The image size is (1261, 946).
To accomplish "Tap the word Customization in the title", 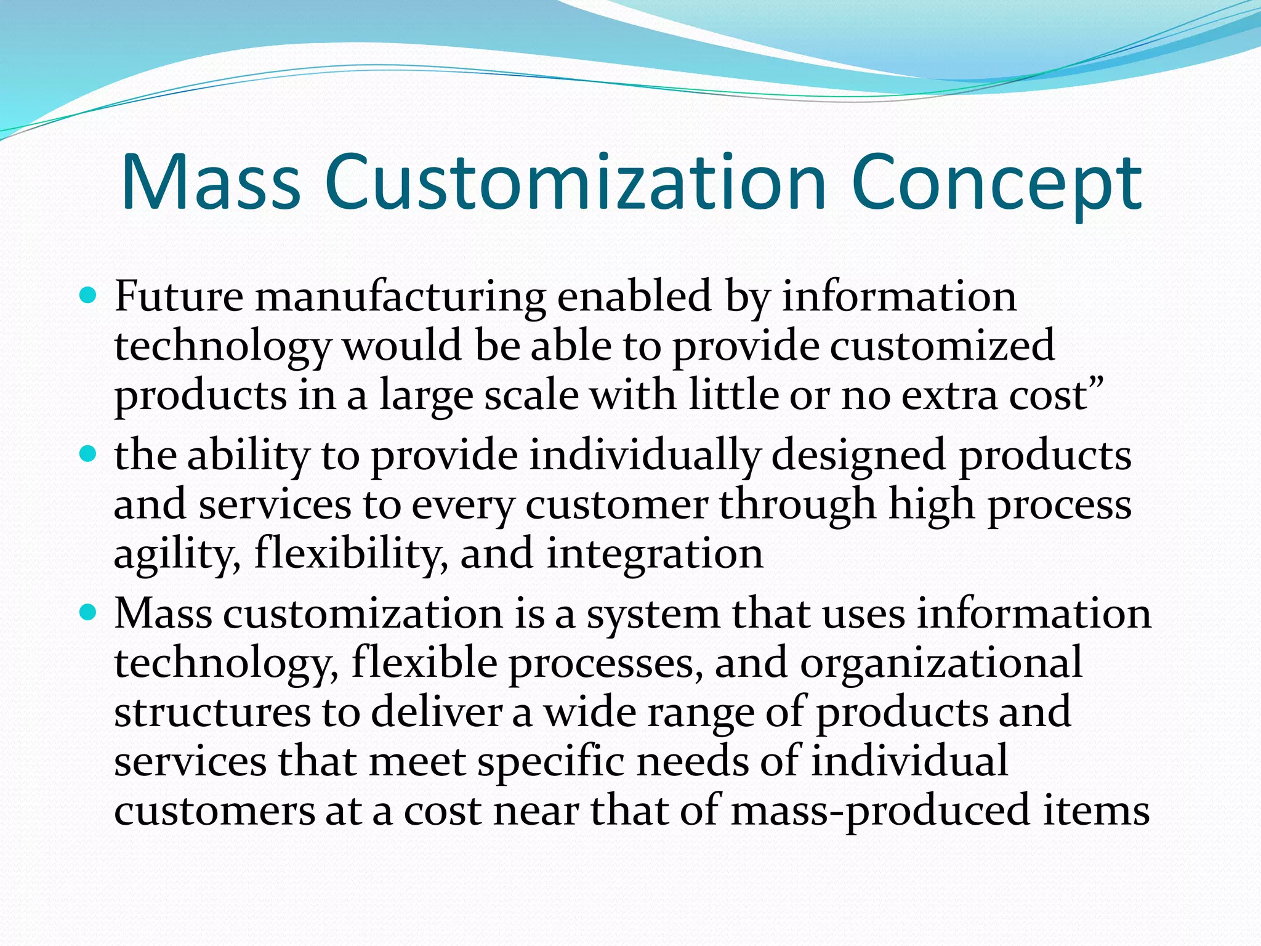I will [x=575, y=183].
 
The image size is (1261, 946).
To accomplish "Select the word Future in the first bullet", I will [x=179, y=296].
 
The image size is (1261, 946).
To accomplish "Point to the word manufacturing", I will [x=400, y=297].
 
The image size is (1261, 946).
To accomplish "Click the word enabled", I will [x=635, y=296].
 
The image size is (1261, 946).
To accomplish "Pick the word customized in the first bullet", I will [x=942, y=346].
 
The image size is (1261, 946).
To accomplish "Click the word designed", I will [x=858, y=456].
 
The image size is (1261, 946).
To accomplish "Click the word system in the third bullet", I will [x=653, y=615].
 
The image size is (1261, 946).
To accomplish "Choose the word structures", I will [x=212, y=712].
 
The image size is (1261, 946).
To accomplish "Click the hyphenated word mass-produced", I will [x=880, y=811].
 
